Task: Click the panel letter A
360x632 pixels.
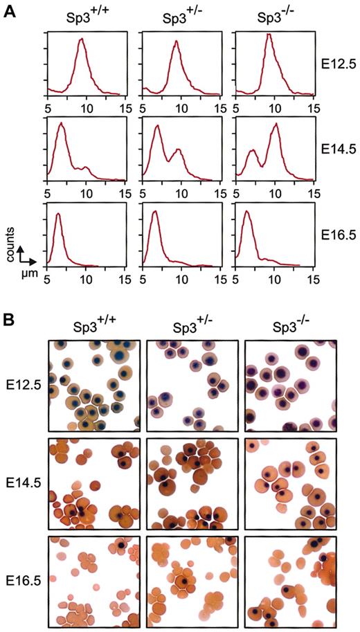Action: [x=10, y=12]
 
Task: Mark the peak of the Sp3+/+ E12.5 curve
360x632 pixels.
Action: [x=81, y=39]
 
